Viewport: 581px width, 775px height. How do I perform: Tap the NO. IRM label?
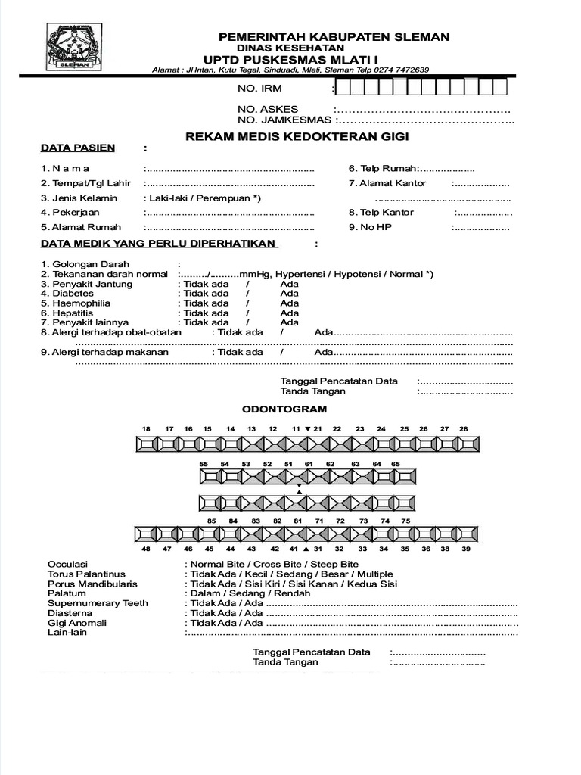(259, 89)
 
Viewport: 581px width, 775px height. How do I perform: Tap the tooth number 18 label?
(146, 428)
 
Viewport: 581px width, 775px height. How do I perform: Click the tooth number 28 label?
(464, 428)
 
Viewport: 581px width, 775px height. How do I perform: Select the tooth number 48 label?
(146, 549)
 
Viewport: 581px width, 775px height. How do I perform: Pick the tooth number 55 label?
(204, 463)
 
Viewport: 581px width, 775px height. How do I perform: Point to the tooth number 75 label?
(405, 521)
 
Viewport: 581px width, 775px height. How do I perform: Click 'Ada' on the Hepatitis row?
(289, 313)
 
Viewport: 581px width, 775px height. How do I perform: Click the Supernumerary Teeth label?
(98, 603)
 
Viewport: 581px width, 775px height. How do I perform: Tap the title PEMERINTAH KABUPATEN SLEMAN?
(334, 36)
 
